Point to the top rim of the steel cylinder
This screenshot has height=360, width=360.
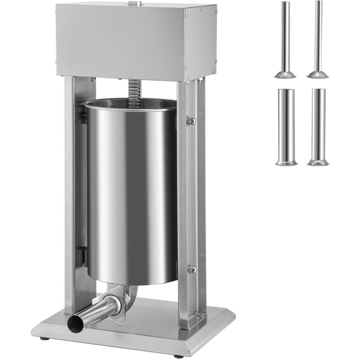130,103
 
